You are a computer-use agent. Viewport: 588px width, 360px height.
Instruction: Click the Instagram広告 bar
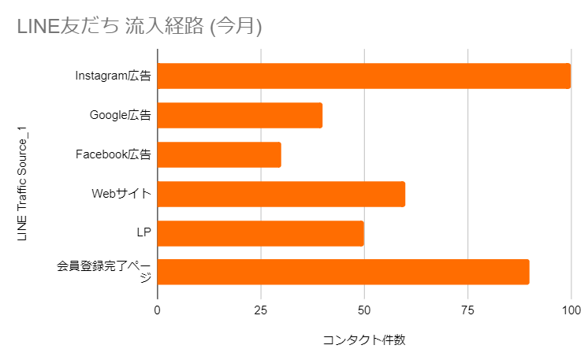[364, 76]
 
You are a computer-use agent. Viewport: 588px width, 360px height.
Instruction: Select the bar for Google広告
[240, 115]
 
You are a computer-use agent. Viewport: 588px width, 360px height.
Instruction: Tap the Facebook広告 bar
[219, 154]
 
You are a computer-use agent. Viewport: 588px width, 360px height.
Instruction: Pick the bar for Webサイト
[281, 194]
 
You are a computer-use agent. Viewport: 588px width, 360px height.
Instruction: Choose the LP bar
[261, 233]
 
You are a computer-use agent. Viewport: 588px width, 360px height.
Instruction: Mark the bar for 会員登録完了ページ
[344, 272]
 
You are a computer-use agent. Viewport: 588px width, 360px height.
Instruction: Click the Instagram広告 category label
[113, 76]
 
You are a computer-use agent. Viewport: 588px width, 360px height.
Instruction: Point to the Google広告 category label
[120, 115]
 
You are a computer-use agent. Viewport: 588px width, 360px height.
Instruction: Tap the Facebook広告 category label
[113, 154]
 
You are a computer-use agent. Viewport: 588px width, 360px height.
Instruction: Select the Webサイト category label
[121, 194]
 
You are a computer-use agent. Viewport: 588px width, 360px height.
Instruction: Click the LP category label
[143, 233]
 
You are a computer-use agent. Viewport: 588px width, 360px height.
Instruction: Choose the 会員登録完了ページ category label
[104, 272]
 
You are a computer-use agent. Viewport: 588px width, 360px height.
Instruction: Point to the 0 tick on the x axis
[158, 311]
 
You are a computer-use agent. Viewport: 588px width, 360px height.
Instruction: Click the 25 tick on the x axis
[261, 311]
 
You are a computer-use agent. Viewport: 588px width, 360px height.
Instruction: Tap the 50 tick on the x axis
[364, 311]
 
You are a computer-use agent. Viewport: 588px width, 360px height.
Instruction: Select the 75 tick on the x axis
[467, 311]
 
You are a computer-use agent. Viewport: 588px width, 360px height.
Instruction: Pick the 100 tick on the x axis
[571, 311]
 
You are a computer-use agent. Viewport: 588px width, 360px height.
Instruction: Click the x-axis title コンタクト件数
[364, 340]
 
